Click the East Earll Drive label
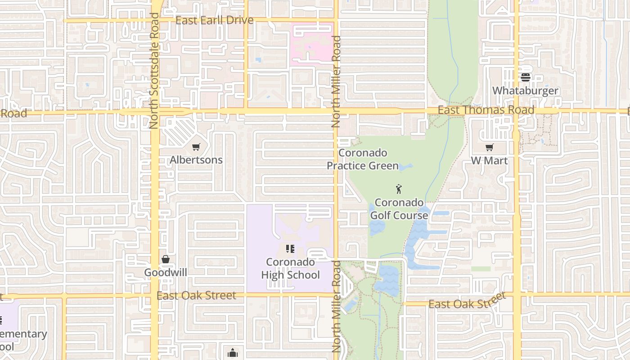pyautogui.click(x=214, y=20)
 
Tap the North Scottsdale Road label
pyautogui.click(x=154, y=71)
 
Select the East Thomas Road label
pyautogui.click(x=486, y=110)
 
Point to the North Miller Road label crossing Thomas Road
pyautogui.click(x=336, y=81)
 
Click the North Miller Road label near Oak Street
pyautogui.click(x=336, y=306)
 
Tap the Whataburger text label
pyautogui.click(x=525, y=90)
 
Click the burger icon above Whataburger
pyautogui.click(x=525, y=77)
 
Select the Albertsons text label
pyautogui.click(x=196, y=160)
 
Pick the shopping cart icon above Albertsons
pyautogui.click(x=196, y=147)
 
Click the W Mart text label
pyautogui.click(x=489, y=160)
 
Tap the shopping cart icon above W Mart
pyautogui.click(x=489, y=148)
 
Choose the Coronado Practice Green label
pyautogui.click(x=363, y=159)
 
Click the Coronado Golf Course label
pyautogui.click(x=399, y=209)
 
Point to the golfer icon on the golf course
pyautogui.click(x=399, y=189)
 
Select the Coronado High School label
pyautogui.click(x=290, y=268)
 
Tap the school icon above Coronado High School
pyautogui.click(x=290, y=248)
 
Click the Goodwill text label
pyautogui.click(x=166, y=272)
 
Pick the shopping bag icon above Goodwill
pyautogui.click(x=166, y=259)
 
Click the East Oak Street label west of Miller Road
pyautogui.click(x=196, y=295)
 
